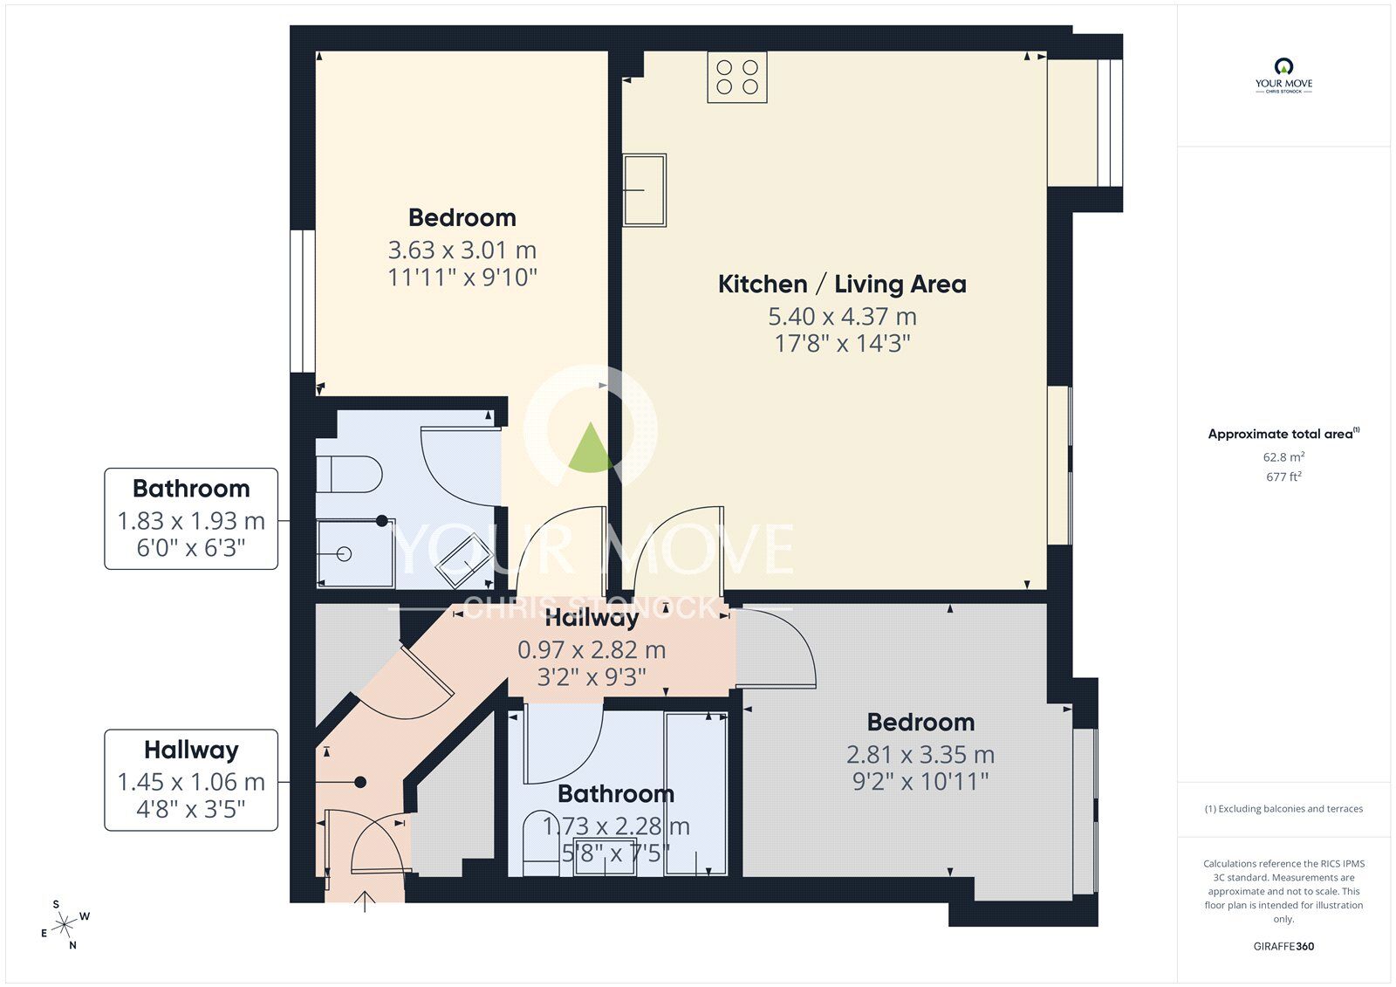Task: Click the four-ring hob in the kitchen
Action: (x=737, y=76)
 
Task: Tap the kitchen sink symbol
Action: (x=645, y=190)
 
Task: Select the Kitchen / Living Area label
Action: (x=842, y=284)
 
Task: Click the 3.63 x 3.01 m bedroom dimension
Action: (x=462, y=250)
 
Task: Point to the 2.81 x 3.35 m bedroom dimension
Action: (x=920, y=754)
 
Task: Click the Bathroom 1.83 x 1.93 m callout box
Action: (x=191, y=518)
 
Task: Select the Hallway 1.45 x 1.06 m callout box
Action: (x=191, y=779)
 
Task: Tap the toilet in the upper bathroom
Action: (x=349, y=475)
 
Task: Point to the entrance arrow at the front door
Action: (x=365, y=901)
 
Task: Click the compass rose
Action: (x=66, y=926)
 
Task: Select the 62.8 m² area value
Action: (x=1283, y=456)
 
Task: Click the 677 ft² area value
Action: (x=1283, y=476)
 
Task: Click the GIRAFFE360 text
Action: (x=1283, y=946)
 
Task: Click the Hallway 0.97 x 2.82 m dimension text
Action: (x=592, y=650)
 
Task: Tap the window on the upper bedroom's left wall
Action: (x=302, y=301)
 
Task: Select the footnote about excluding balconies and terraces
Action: (x=1283, y=809)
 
